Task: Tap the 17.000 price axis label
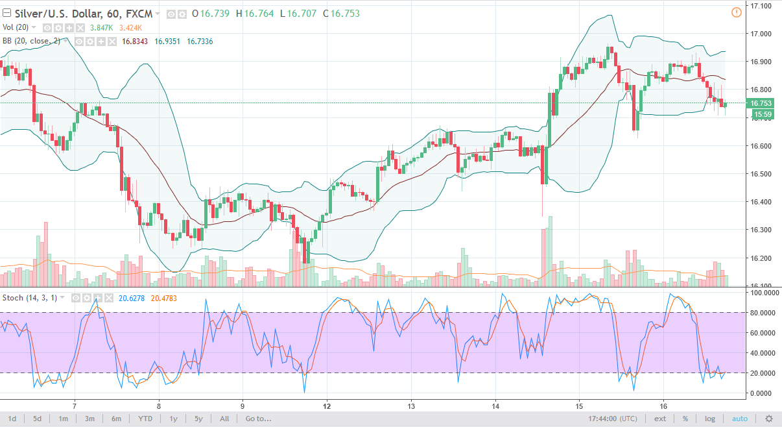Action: pos(760,34)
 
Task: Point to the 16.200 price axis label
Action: pos(760,258)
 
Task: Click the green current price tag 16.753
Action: pos(760,103)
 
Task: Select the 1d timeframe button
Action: pos(12,419)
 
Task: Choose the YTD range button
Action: pos(145,419)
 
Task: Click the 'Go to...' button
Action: pos(257,419)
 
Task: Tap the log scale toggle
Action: pos(710,419)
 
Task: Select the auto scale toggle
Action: pos(740,419)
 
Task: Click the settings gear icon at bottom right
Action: pos(769,419)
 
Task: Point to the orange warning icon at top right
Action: pos(736,12)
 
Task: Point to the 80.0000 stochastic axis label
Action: pos(762,313)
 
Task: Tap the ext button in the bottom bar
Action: pos(660,419)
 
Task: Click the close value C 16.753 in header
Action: pos(341,14)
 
